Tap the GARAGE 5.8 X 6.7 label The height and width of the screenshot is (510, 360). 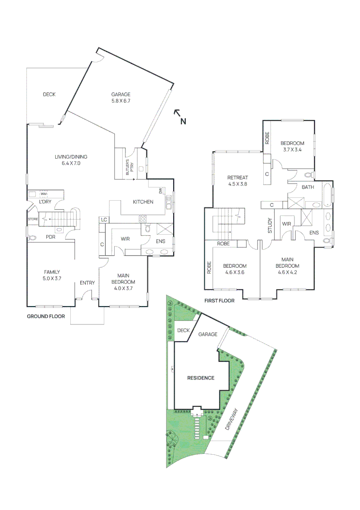pyautogui.click(x=121, y=97)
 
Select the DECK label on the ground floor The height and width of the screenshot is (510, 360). pyautogui.click(x=49, y=94)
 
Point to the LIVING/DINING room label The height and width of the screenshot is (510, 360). pyautogui.click(x=71, y=160)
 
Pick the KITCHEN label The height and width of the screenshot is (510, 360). pyautogui.click(x=142, y=202)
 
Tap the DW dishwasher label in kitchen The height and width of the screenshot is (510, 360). pyautogui.click(x=161, y=191)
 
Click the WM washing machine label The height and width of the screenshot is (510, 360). pyautogui.click(x=43, y=194)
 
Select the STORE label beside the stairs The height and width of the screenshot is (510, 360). pyautogui.click(x=32, y=219)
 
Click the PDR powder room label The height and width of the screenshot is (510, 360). pyautogui.click(x=50, y=237)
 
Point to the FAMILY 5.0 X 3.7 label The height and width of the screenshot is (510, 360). pyautogui.click(x=52, y=275)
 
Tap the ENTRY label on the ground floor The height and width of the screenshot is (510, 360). pyautogui.click(x=87, y=283)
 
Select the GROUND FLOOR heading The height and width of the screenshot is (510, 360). pyautogui.click(x=46, y=316)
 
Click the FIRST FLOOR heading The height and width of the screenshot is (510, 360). pyautogui.click(x=219, y=300)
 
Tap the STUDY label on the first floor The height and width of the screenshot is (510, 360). pyautogui.click(x=269, y=226)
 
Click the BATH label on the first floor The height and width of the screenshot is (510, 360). pyautogui.click(x=308, y=187)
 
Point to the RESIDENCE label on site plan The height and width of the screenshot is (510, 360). pyautogui.click(x=201, y=378)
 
